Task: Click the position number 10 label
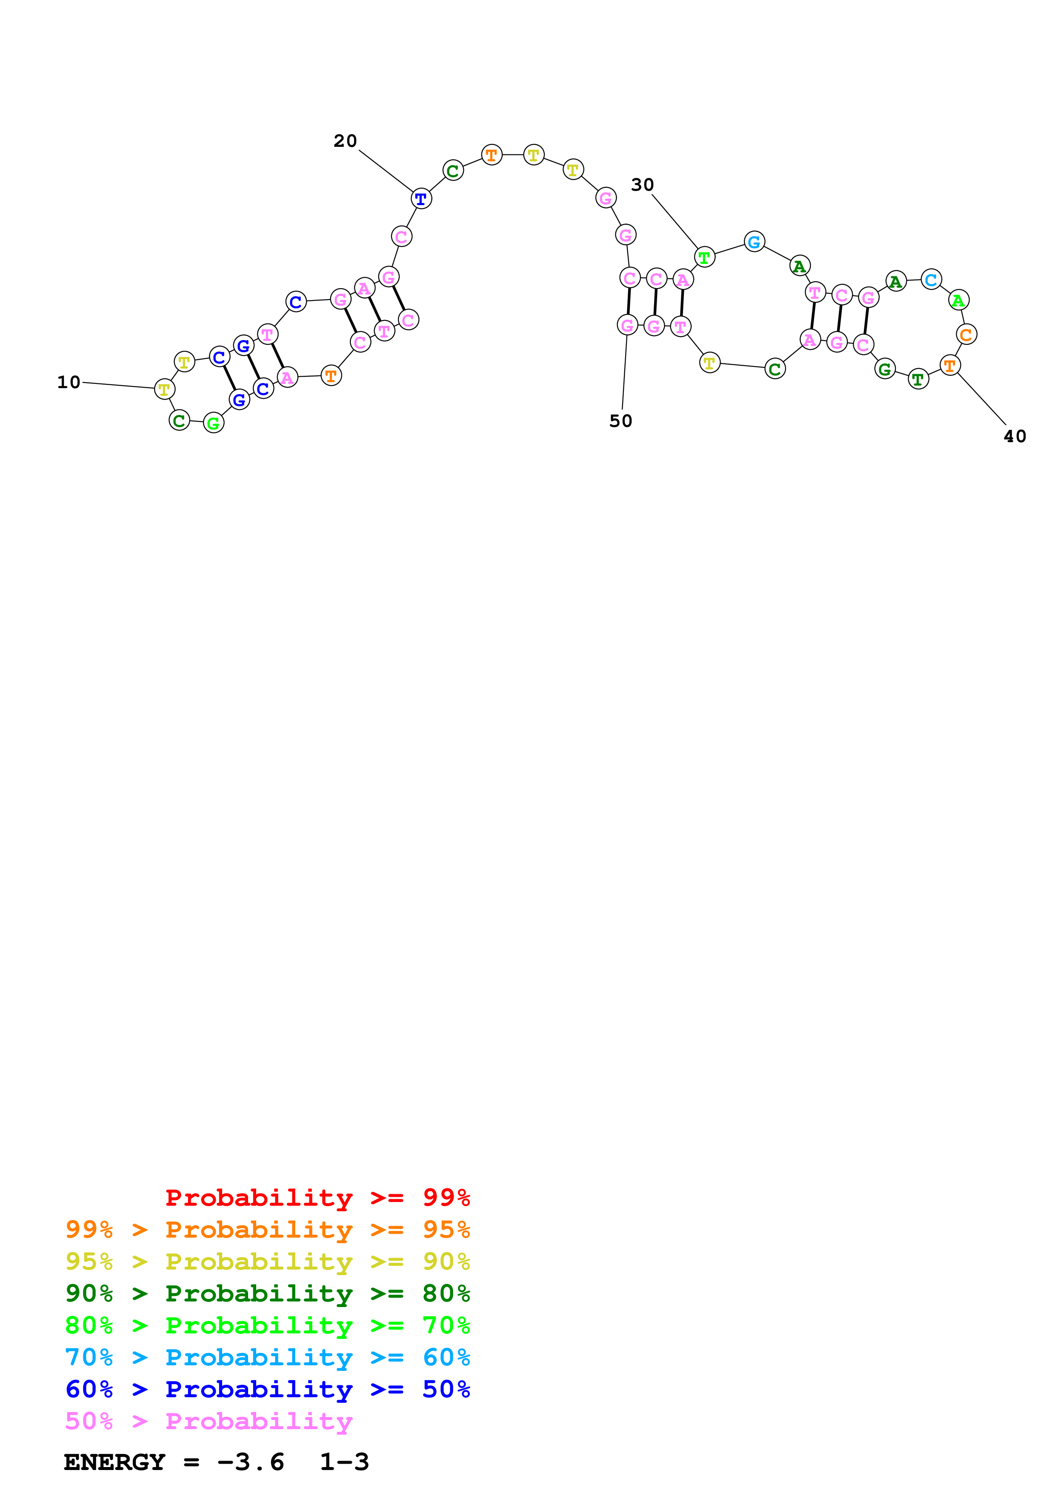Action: [x=69, y=382]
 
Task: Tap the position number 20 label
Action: [x=345, y=141]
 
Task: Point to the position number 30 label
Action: [x=642, y=185]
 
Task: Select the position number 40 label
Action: [x=1014, y=436]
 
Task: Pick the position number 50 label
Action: [x=620, y=421]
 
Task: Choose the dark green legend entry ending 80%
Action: [x=267, y=1294]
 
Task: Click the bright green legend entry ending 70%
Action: [x=267, y=1326]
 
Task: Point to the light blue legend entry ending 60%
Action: [x=267, y=1358]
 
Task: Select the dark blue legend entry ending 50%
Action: [x=267, y=1390]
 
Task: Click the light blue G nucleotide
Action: [x=754, y=242]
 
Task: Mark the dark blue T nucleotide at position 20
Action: [x=421, y=199]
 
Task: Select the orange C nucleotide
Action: [x=966, y=334]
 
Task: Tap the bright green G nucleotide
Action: [x=213, y=423]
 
